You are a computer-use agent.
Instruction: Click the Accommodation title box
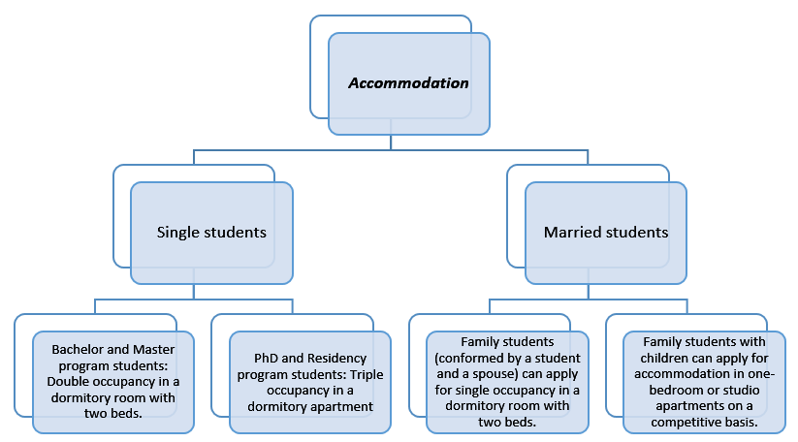pos(408,83)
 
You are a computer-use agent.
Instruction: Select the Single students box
pos(211,233)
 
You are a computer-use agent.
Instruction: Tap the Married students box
pos(605,233)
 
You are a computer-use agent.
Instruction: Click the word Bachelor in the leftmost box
pos(78,348)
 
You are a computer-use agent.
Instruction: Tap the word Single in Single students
pos(176,233)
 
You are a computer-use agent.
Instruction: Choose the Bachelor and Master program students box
pos(112,381)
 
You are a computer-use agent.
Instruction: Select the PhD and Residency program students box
pos(309,381)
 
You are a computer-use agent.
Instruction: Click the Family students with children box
pos(704,381)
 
